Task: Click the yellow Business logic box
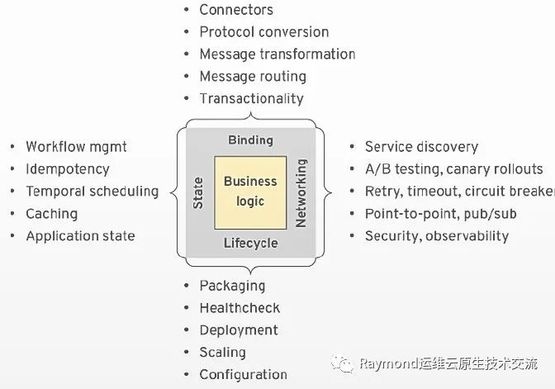[250, 192]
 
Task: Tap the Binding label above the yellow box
[250, 140]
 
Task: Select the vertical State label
[198, 192]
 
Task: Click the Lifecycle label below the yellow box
[250, 244]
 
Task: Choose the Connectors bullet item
[235, 10]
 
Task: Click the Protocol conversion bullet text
[263, 32]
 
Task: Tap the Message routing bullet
[253, 77]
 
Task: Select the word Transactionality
[251, 99]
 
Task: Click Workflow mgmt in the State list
[77, 147]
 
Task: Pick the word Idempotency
[68, 169]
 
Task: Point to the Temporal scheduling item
[92, 192]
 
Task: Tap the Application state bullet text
[80, 236]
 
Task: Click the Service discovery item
[421, 147]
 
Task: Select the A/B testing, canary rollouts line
[453, 169]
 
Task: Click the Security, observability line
[437, 236]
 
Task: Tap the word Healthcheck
[240, 308]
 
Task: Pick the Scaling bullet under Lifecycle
[222, 353]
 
